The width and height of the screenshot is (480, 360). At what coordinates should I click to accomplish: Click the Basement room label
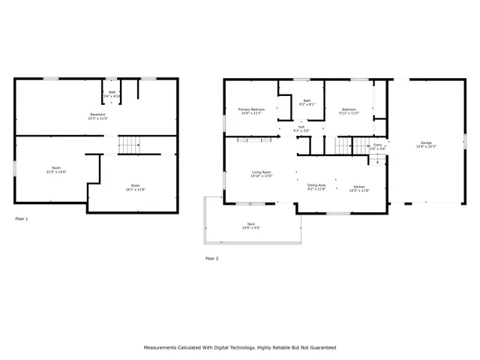pyautogui.click(x=97, y=116)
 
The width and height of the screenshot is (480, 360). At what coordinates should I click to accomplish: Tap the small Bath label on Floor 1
pyautogui.click(x=111, y=93)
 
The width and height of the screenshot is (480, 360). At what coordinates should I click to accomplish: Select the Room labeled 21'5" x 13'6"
pyautogui.click(x=56, y=169)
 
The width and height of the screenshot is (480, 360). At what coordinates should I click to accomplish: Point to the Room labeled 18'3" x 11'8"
pyautogui.click(x=135, y=187)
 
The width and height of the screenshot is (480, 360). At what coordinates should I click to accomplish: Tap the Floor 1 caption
pyautogui.click(x=22, y=218)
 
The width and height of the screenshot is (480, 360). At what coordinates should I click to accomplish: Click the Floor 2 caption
pyautogui.click(x=211, y=258)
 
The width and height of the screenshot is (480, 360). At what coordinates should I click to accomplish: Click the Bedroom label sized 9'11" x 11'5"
pyautogui.click(x=349, y=112)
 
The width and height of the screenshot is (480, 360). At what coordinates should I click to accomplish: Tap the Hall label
pyautogui.click(x=301, y=129)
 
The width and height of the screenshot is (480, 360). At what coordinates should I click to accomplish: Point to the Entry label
pyautogui.click(x=377, y=146)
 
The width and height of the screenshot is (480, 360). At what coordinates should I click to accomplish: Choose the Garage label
pyautogui.click(x=426, y=144)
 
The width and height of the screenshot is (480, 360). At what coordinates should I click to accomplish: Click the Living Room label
pyautogui.click(x=261, y=174)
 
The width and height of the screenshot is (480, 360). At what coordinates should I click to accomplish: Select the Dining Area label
pyautogui.click(x=316, y=187)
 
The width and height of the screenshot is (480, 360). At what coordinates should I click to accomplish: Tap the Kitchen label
pyautogui.click(x=359, y=187)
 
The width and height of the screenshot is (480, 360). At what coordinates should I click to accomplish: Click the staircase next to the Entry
pyautogui.click(x=344, y=144)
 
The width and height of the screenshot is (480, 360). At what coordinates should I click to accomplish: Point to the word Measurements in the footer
pyautogui.click(x=163, y=348)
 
